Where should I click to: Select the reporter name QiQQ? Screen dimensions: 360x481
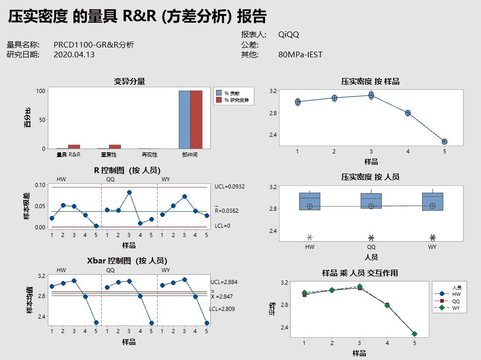pyautogui.click(x=288, y=35)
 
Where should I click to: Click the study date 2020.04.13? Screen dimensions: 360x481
pyautogui.click(x=74, y=54)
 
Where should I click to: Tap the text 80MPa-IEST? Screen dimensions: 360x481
pyautogui.click(x=300, y=54)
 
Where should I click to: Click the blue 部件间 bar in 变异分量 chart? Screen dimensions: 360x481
pyautogui.click(x=184, y=119)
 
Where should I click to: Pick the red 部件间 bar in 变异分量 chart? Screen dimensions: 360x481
pyautogui.click(x=196, y=119)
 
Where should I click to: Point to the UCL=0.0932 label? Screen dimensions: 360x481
pyautogui.click(x=230, y=186)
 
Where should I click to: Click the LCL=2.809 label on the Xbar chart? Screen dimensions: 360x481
pyautogui.click(x=222, y=309)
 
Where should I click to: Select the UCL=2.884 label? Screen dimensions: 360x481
pyautogui.click(x=224, y=283)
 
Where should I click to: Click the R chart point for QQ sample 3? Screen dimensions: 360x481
pyautogui.click(x=129, y=192)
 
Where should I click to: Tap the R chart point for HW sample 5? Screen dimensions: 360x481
pyautogui.click(x=97, y=226)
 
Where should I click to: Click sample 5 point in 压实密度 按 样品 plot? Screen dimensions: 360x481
pyautogui.click(x=444, y=142)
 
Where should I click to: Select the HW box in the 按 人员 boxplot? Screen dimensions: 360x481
pyautogui.click(x=309, y=201)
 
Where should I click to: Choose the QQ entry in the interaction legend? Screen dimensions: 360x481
pyautogui.click(x=456, y=301)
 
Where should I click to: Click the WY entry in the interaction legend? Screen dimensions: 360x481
pyautogui.click(x=456, y=308)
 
